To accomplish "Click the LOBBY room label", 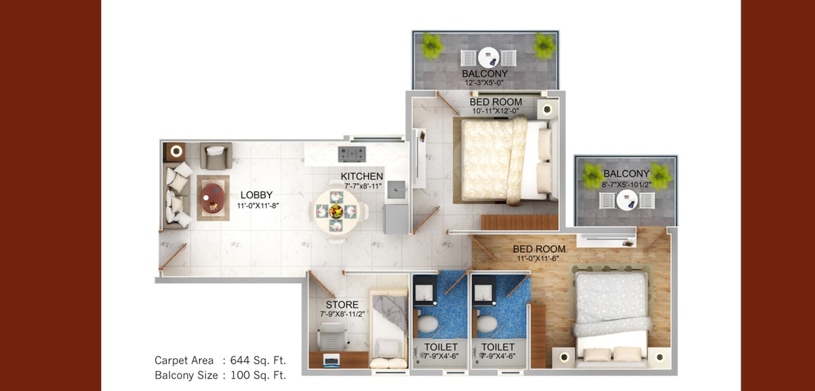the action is tap(256, 195).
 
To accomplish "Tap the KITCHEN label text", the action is tap(362, 177).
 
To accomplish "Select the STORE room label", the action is tap(342, 305).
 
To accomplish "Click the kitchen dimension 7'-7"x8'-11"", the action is tap(363, 186).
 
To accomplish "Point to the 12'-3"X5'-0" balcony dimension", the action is tap(484, 83).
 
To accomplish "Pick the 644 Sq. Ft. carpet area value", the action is tap(258, 360).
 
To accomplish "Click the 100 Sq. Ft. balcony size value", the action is tap(258, 375).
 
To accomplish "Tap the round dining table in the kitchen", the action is tap(336, 211).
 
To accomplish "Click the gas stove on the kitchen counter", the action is tap(352, 154).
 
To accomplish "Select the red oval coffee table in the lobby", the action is tap(213, 198).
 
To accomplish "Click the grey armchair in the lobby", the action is tap(216, 156).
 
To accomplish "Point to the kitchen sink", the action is tap(396, 190).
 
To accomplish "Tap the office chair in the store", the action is tap(331, 336).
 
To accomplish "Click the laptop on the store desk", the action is tap(331, 359).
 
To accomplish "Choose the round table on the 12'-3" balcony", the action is tap(488, 57).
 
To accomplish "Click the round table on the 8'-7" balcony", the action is tap(627, 200).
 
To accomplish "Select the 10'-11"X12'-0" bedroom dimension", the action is tap(496, 111).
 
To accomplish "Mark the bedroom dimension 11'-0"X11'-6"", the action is tap(538, 259).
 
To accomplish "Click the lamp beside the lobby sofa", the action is tap(177, 151).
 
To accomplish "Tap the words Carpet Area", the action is tap(184, 360).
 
